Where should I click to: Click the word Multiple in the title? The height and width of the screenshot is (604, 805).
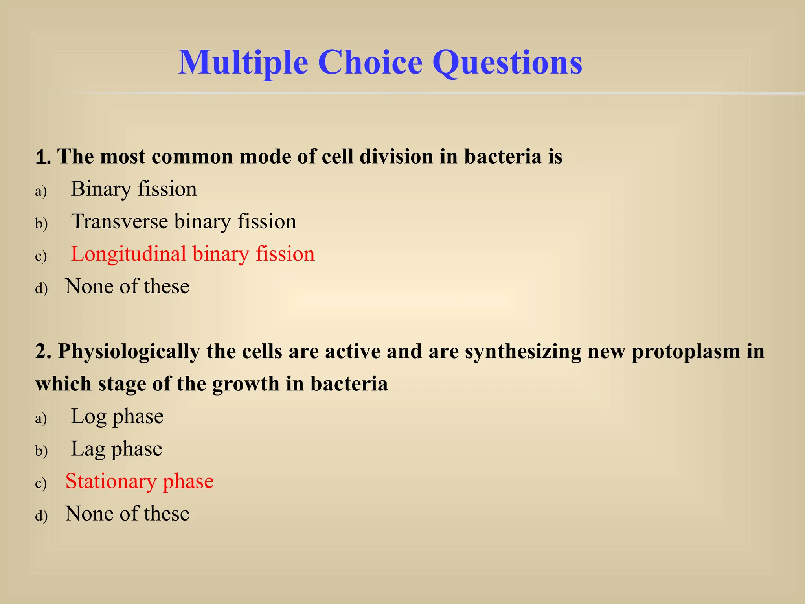point(243,63)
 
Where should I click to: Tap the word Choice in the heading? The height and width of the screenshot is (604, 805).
point(370,62)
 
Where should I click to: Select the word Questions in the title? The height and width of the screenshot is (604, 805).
point(507,63)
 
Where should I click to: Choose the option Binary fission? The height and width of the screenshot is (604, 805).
point(134,189)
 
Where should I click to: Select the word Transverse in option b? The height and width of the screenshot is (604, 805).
point(119,221)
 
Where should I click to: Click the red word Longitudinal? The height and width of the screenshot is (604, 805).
point(128,254)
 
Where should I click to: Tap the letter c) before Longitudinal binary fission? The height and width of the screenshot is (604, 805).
point(41,256)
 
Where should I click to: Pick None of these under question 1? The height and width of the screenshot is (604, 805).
point(127,287)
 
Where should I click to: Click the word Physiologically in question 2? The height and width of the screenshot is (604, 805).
point(129,352)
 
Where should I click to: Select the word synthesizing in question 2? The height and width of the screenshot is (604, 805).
point(523,352)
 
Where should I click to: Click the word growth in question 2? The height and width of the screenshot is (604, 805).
point(245,384)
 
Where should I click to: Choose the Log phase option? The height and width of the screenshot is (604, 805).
point(117,417)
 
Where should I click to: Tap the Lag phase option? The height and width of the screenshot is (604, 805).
point(116,449)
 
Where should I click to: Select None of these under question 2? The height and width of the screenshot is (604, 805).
point(127,514)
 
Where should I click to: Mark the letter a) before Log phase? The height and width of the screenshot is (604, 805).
point(41,418)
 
